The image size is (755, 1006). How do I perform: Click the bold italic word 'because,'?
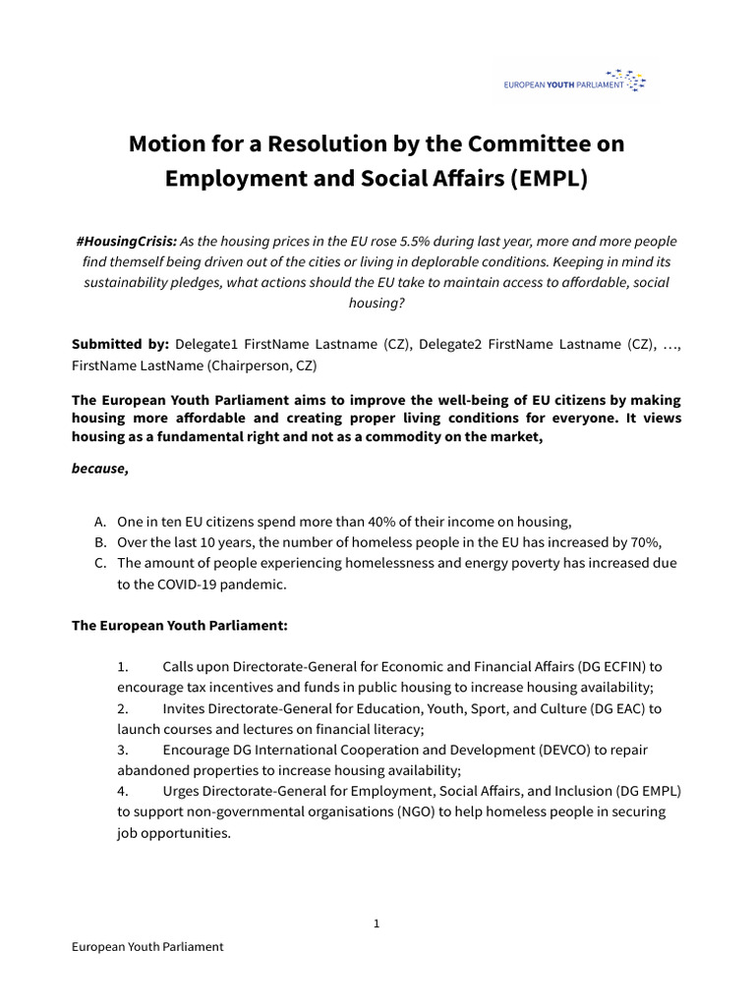point(99,469)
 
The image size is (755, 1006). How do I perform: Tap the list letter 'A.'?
point(101,522)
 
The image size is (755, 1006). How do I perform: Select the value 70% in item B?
point(646,542)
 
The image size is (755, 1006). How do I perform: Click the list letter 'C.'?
point(101,563)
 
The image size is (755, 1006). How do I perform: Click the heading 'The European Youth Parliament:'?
point(179,625)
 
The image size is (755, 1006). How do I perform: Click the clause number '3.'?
point(123,750)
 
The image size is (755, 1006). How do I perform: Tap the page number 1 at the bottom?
point(377,923)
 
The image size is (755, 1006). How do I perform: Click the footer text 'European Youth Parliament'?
point(147,947)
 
